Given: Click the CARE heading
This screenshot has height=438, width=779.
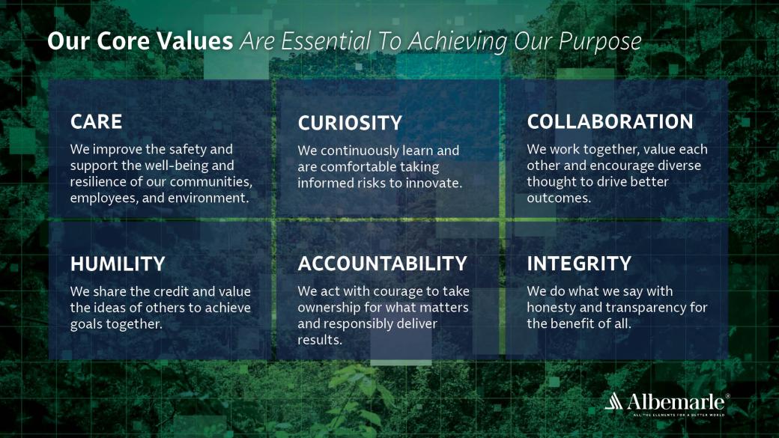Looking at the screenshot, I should coord(96,121).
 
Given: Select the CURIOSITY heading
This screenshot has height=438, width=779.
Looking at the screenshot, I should coord(350,123).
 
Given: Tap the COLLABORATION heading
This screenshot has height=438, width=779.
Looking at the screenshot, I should coord(610,121).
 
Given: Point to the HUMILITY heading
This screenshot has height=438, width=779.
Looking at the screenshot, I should coord(118,264).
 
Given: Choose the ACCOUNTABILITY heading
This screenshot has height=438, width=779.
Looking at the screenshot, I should coord(382,264).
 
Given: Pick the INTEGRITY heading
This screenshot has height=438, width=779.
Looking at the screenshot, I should coord(579,264).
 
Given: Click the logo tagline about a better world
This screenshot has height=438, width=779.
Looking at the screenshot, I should coord(679,414).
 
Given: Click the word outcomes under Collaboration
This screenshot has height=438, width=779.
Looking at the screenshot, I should coord(559,198).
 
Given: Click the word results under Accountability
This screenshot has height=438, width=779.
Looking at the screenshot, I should coord(319,340).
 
